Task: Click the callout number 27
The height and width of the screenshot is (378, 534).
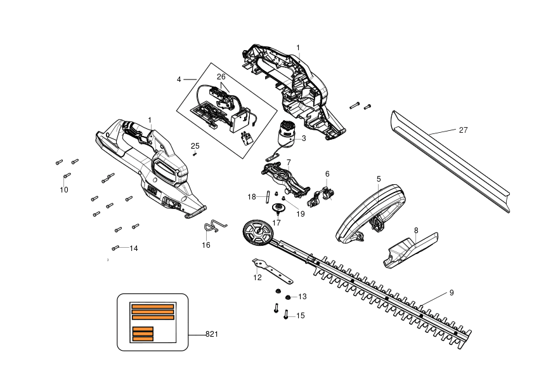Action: tap(463, 130)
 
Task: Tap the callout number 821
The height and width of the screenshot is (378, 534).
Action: tap(211, 334)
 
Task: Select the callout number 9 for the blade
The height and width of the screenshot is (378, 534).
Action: tap(452, 293)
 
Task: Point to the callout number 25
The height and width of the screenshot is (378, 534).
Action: tap(195, 146)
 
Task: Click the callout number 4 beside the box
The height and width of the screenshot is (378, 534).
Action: tap(179, 79)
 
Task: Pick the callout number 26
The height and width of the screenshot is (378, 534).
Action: tap(221, 77)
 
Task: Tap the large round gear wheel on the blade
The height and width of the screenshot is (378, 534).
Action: tap(258, 233)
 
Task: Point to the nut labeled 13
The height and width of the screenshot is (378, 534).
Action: tap(288, 297)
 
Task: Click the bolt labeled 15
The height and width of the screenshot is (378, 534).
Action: tap(286, 314)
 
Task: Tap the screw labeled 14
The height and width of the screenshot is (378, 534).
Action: tap(115, 248)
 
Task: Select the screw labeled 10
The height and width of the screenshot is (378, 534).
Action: tap(67, 175)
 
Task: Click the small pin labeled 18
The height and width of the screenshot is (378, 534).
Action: tap(268, 197)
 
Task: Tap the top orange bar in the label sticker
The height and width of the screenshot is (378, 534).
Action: tap(153, 306)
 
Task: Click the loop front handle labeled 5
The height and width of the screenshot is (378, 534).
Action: tap(371, 214)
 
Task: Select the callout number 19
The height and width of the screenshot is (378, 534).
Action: tap(301, 214)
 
